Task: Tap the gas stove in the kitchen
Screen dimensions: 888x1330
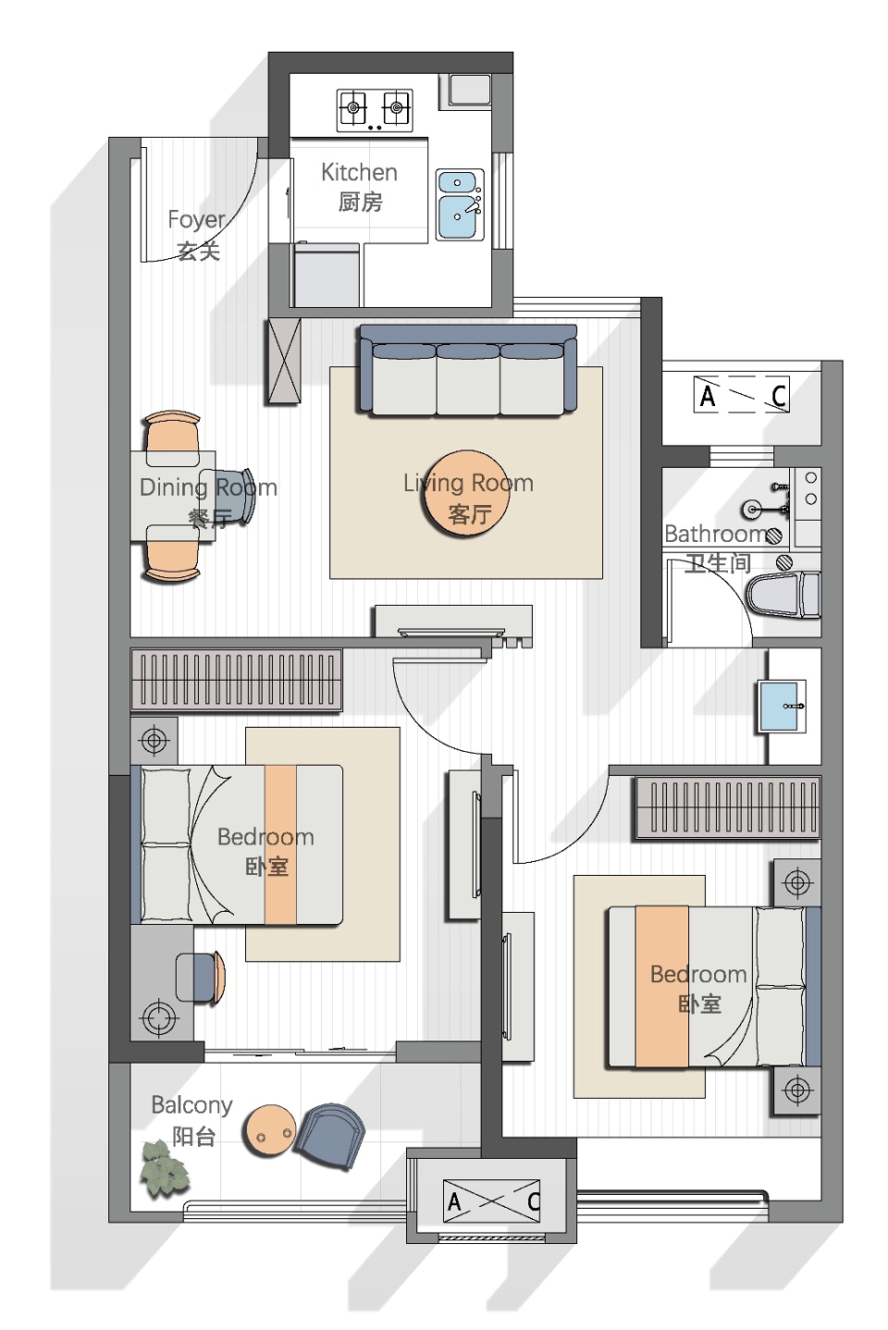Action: click(375, 110)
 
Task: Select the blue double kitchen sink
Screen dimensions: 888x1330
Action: click(459, 204)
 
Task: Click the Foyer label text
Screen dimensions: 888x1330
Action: click(197, 235)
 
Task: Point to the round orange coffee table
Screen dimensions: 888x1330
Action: click(466, 493)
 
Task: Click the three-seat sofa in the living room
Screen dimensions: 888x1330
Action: click(467, 369)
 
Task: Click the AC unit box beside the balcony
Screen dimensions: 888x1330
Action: click(491, 1201)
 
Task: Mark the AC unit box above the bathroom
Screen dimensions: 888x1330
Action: click(741, 394)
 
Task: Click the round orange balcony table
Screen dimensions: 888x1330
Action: click(271, 1131)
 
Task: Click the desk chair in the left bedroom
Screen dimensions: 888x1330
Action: click(201, 978)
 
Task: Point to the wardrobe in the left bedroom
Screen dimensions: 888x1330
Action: click(237, 680)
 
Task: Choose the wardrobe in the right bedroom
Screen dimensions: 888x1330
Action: click(728, 808)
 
